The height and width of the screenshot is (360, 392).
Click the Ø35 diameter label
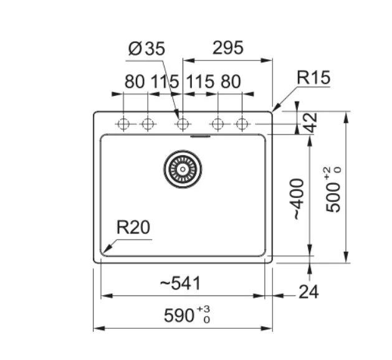[x=147, y=50]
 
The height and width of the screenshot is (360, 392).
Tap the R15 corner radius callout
[x=313, y=78]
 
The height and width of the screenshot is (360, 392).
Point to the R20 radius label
[x=133, y=227]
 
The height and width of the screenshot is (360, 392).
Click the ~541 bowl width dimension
[x=180, y=283]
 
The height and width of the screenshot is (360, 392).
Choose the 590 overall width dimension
[x=179, y=316]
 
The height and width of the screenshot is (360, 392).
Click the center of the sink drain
[x=183, y=168]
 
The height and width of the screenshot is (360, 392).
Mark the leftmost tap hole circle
[x=123, y=125]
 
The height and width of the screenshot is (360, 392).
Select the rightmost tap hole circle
[x=242, y=125]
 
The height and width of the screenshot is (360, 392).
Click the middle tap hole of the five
[x=183, y=125]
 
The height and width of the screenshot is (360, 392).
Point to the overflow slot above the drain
[x=201, y=135]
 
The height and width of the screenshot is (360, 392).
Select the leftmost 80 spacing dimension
[x=135, y=81]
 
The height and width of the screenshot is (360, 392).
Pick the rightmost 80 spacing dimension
[x=230, y=81]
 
